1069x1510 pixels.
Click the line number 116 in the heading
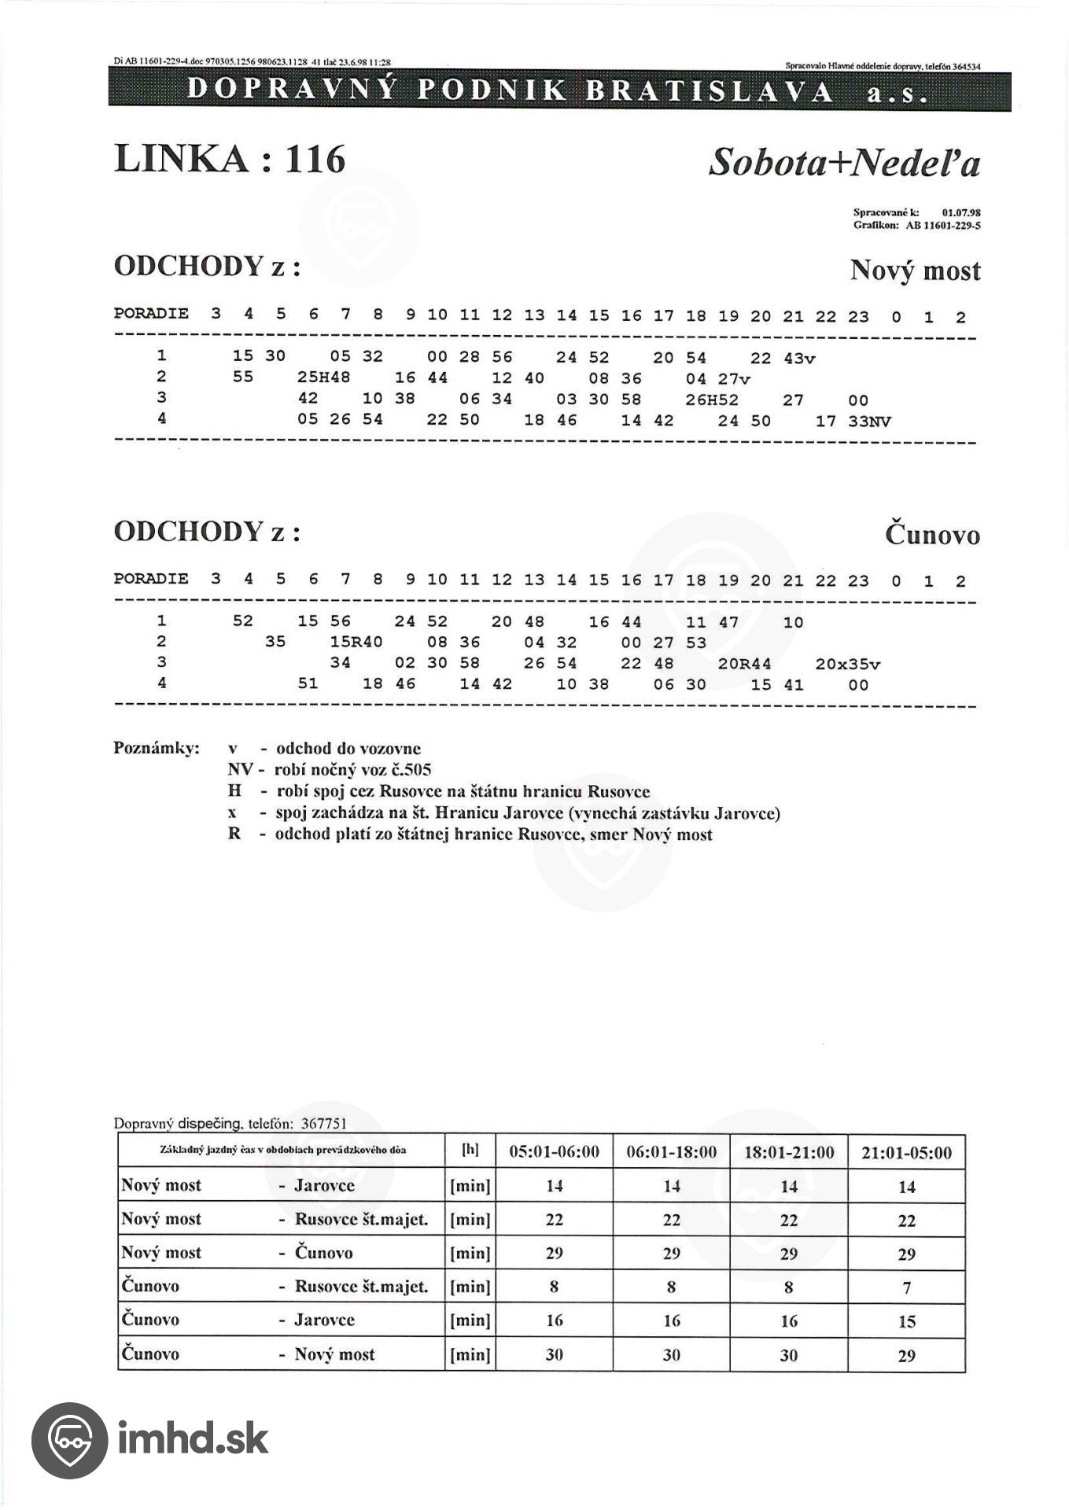[315, 160]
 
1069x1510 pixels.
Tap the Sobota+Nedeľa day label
[844, 163]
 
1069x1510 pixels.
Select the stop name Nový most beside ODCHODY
[915, 271]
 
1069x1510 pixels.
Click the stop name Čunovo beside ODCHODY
[932, 535]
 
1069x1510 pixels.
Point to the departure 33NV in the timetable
[870, 422]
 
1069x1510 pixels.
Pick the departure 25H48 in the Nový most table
[324, 377]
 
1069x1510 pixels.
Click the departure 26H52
[712, 400]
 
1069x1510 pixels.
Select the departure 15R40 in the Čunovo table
[356, 642]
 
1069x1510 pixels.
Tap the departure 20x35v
[848, 664]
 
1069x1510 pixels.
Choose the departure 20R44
[744, 664]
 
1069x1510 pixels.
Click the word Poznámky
[157, 747]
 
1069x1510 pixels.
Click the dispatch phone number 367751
[323, 1124]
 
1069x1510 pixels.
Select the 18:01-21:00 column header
[789, 1152]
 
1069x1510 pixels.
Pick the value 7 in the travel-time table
[906, 1287]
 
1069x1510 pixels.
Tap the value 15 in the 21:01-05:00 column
[906, 1321]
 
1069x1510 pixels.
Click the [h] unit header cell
[470, 1150]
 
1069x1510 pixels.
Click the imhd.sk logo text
[193, 1438]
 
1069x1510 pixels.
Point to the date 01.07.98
[960, 212]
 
